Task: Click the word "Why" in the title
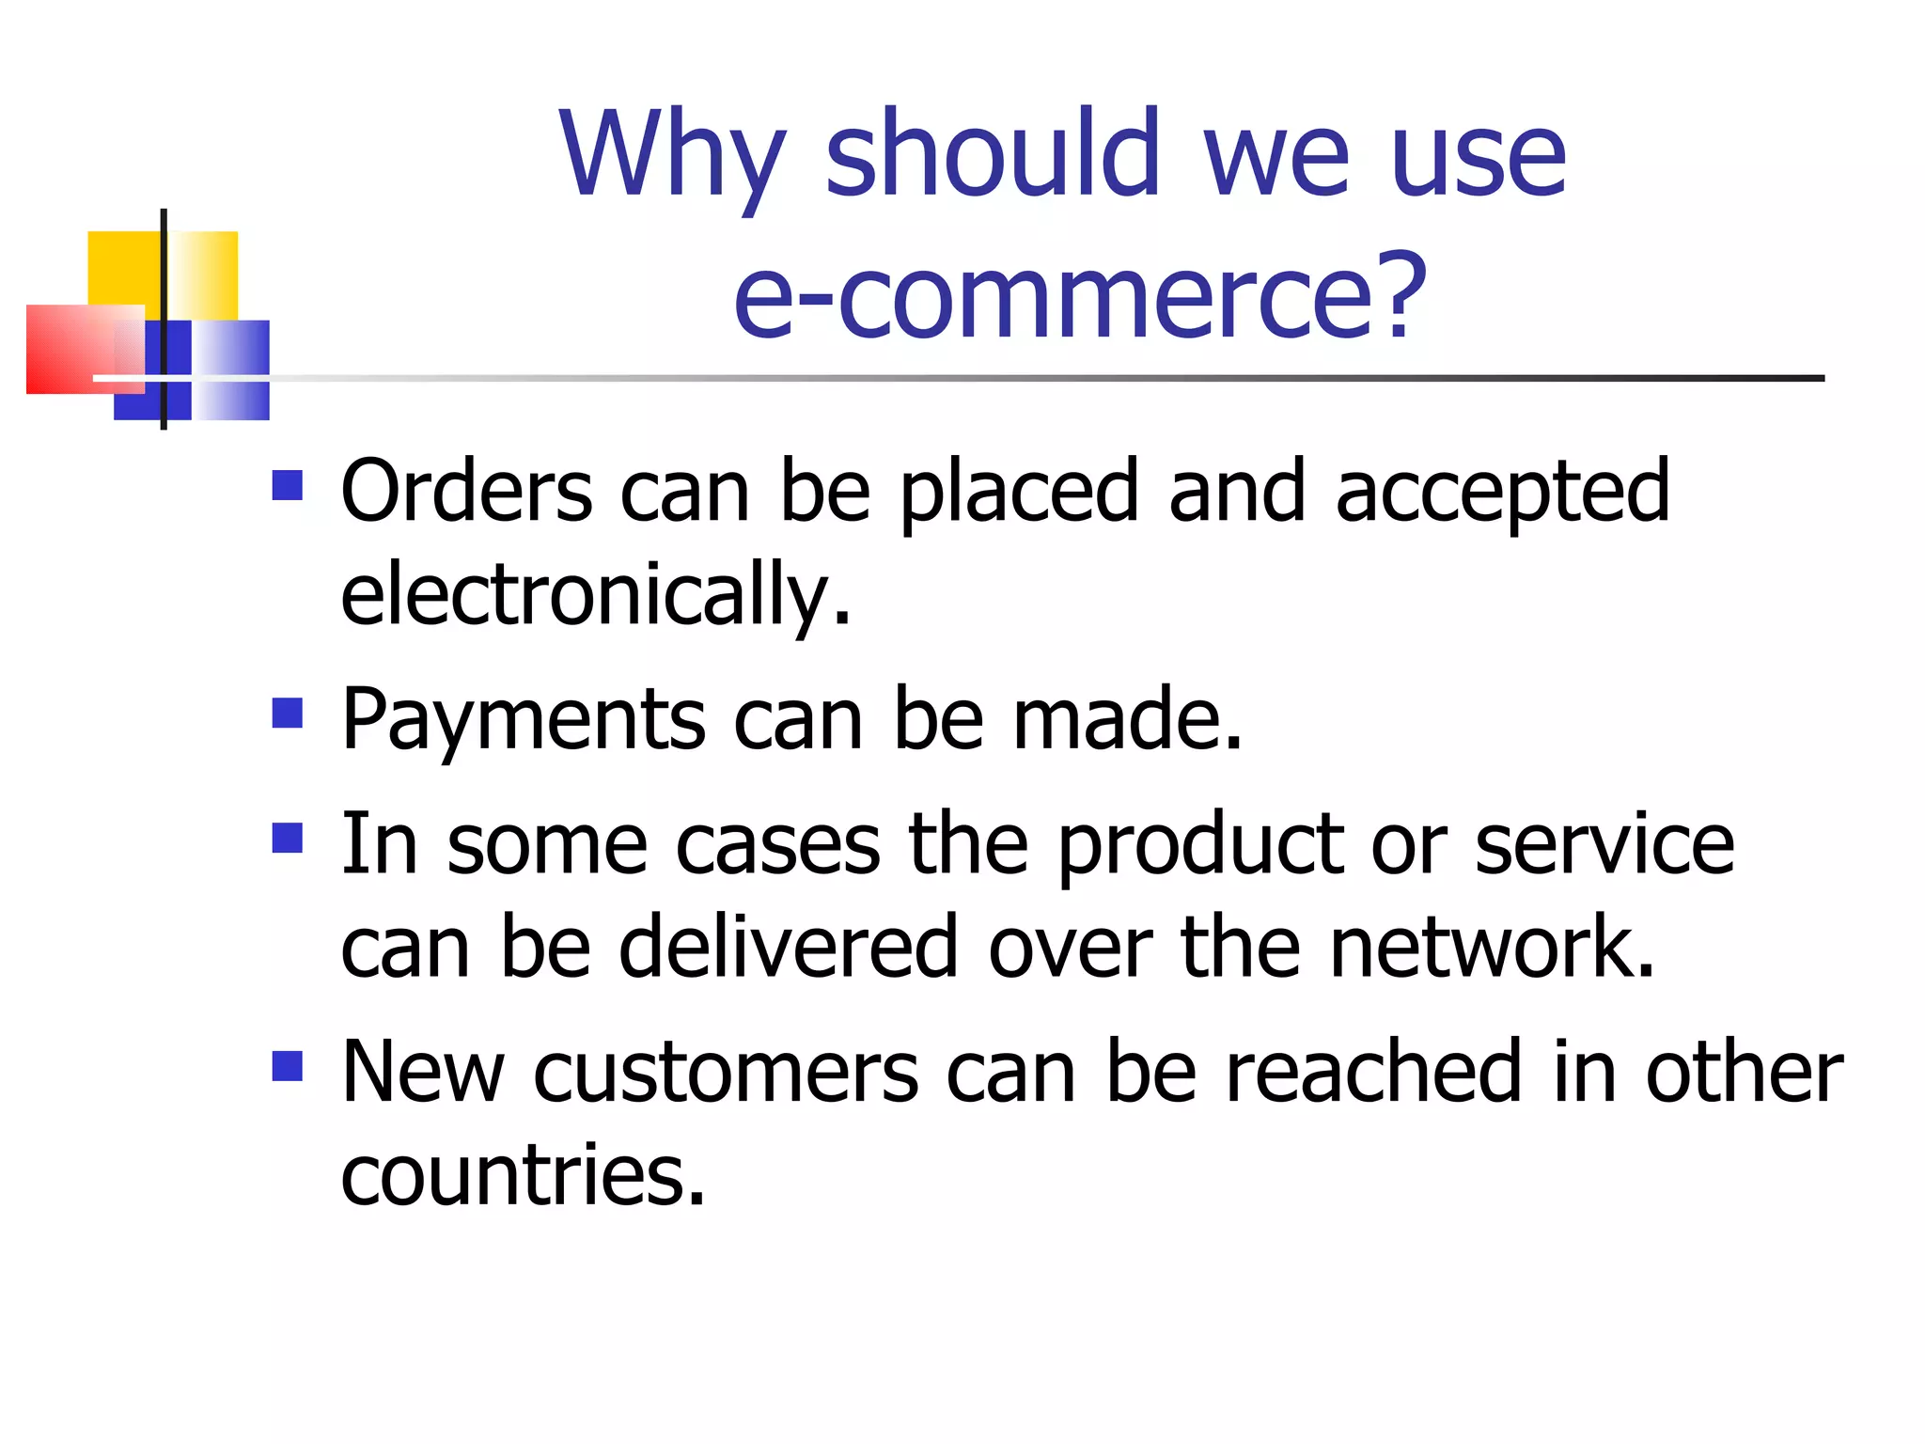point(671,155)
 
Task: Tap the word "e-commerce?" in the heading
point(1080,296)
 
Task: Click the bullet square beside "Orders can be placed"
point(288,485)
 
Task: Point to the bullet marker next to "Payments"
point(288,713)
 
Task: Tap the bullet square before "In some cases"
point(288,838)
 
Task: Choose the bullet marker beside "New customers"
point(288,1066)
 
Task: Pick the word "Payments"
point(523,720)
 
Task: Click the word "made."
point(1128,720)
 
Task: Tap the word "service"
point(1604,844)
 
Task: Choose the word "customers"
point(727,1073)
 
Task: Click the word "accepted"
point(1502,493)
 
